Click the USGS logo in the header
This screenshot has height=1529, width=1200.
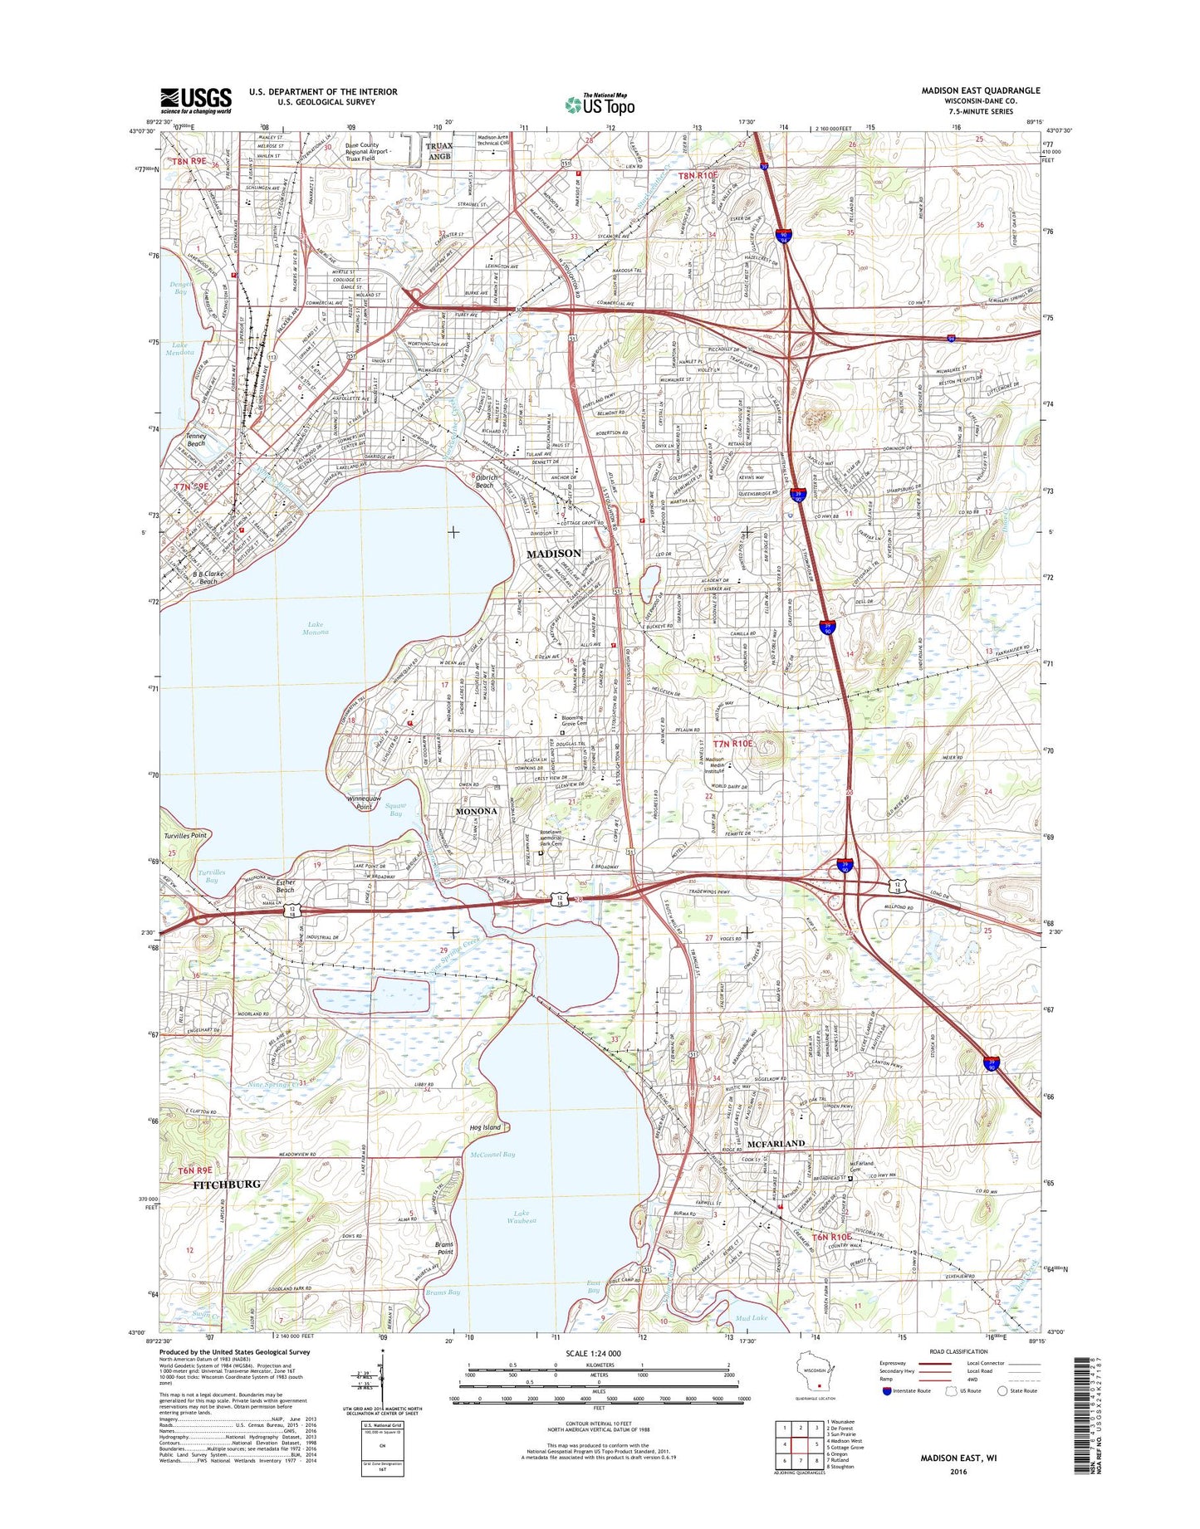(x=196, y=100)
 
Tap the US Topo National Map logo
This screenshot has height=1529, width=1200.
(x=600, y=104)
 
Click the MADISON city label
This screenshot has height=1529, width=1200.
(x=554, y=553)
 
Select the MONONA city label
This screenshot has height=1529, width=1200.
(x=476, y=811)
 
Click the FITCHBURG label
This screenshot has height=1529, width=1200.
(x=227, y=1184)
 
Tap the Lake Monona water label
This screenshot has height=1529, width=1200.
(x=316, y=628)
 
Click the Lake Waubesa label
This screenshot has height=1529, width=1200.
(x=525, y=1218)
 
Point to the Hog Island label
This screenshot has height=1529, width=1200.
(x=485, y=1127)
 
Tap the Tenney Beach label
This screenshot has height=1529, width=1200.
(x=196, y=439)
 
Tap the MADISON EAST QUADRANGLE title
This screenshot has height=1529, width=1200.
(x=980, y=90)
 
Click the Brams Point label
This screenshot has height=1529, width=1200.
(x=445, y=1248)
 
